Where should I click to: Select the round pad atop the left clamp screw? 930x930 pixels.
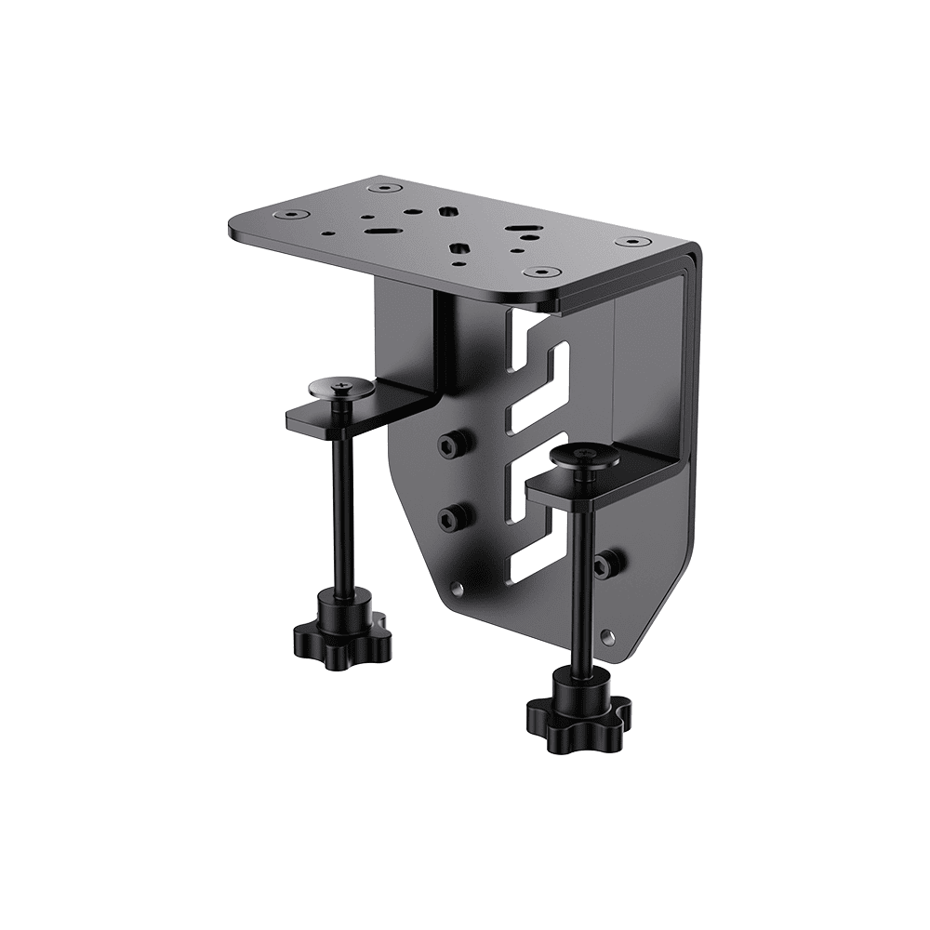coord(341,387)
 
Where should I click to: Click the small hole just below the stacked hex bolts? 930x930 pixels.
coord(456,588)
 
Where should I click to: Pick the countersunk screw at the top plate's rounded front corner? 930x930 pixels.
coord(539,272)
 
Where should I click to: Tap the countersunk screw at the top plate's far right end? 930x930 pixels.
coord(632,242)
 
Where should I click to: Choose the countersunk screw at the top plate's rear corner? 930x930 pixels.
coord(379,188)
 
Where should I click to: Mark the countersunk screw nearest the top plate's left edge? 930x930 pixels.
coord(294,214)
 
